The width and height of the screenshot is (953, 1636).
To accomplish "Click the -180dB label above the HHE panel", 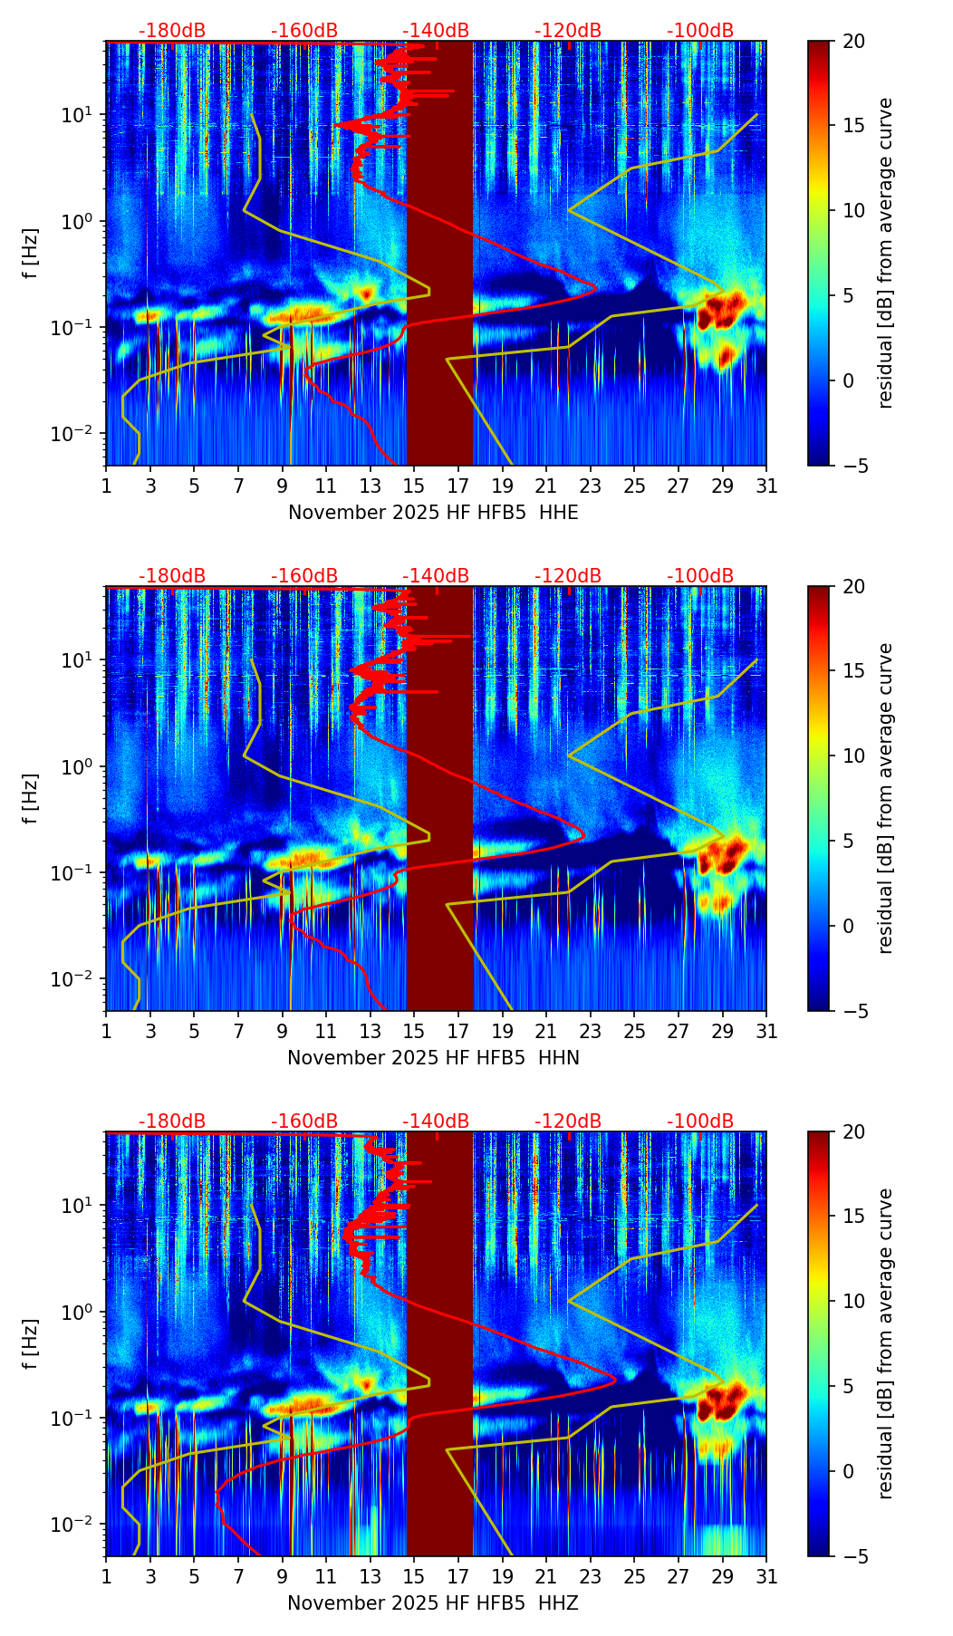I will click(172, 31).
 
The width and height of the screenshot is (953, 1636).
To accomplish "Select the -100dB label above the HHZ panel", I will click(700, 1121).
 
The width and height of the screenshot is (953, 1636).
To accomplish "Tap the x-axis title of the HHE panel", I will click(433, 513).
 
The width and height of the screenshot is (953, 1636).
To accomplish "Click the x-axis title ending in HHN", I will click(433, 1058).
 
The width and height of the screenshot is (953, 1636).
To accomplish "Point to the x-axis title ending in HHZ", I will click(433, 1603).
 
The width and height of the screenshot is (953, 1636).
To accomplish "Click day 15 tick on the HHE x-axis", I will click(414, 486).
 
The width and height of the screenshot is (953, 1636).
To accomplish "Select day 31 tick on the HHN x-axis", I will click(766, 1032).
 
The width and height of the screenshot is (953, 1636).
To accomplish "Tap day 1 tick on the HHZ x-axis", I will click(106, 1577).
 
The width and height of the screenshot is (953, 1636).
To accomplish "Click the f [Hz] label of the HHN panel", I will click(31, 798).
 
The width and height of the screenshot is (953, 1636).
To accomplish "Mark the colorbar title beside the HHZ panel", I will click(885, 1343).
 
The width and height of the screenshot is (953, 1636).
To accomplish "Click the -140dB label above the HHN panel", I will click(436, 576).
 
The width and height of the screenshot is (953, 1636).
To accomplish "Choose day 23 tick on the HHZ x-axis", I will click(591, 1577).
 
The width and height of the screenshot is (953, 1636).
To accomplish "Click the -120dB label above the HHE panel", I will click(568, 31).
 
